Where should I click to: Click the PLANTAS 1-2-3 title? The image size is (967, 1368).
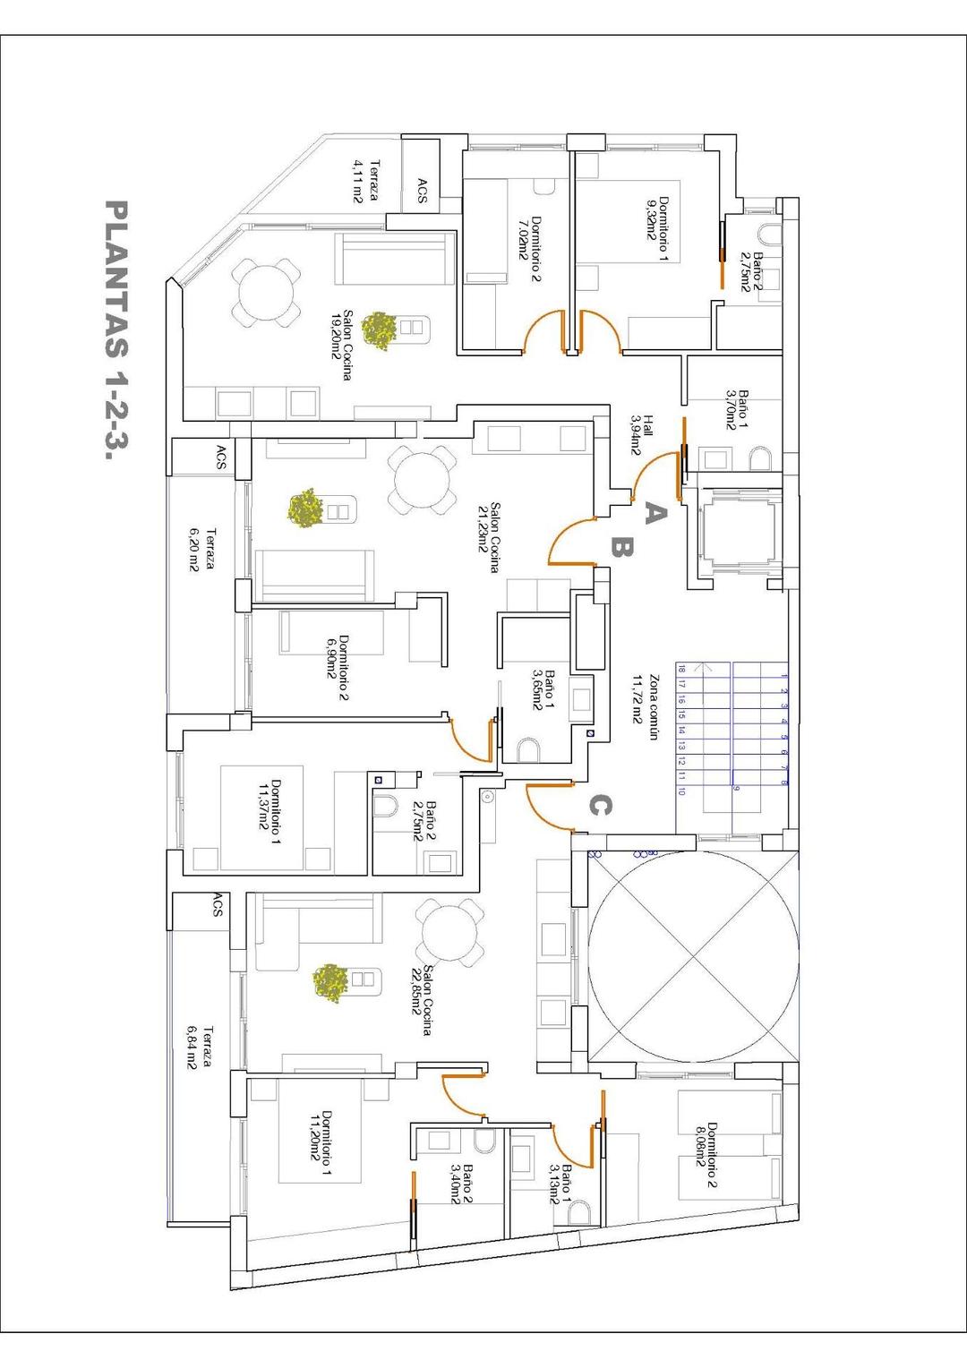[115, 329]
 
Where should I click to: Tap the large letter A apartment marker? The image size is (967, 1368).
[655, 513]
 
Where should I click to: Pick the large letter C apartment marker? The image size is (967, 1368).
[599, 806]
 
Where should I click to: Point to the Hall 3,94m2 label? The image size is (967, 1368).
[642, 435]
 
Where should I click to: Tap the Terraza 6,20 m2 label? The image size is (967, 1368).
[202, 550]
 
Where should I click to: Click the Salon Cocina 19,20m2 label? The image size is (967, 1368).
[342, 346]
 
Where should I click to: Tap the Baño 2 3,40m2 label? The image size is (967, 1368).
[461, 1182]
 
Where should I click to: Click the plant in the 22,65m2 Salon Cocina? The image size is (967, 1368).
[331, 981]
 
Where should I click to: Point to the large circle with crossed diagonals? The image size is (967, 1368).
[693, 955]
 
